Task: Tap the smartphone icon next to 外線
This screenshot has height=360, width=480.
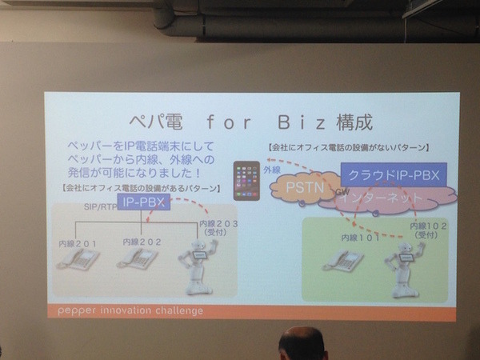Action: pyautogui.click(x=244, y=181)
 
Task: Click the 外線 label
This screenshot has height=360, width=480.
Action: pyautogui.click(x=271, y=170)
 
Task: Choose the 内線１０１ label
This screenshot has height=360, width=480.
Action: pyautogui.click(x=357, y=238)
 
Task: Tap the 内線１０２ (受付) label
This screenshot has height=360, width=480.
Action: pyautogui.click(x=426, y=232)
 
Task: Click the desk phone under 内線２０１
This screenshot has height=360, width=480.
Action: pyautogui.click(x=77, y=258)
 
